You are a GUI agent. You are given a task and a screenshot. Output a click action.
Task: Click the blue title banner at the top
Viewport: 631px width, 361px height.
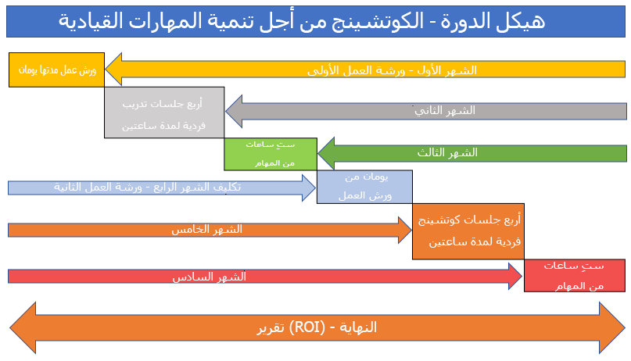tap(315, 20)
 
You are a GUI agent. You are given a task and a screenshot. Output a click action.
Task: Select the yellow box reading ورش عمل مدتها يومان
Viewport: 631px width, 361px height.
tap(56, 70)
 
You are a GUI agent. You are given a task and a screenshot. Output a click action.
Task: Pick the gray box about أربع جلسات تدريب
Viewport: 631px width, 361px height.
tap(164, 112)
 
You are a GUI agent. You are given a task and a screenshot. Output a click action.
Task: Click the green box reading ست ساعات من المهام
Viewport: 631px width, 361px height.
tap(270, 153)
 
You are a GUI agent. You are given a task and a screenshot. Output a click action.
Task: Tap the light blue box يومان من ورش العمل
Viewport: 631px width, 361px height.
tap(364, 187)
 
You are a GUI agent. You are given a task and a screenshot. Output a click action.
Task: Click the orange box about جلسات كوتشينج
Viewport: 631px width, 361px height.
tap(468, 231)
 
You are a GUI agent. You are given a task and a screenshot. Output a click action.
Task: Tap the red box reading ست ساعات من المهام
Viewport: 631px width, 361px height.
tap(574, 276)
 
